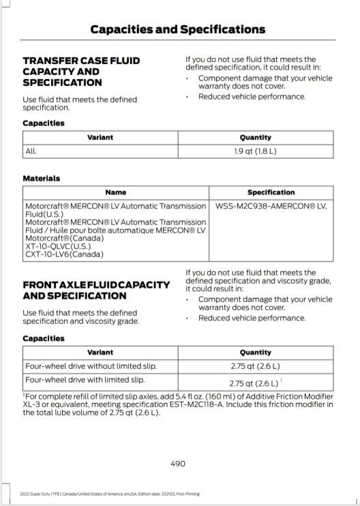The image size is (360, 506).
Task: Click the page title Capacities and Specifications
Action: coord(177,29)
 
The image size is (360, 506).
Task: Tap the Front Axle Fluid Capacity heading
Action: coord(96,290)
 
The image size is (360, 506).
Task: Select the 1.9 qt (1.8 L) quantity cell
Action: coord(255,150)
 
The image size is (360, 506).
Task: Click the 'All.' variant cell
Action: coord(31,150)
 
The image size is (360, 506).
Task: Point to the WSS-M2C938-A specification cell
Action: coord(271,205)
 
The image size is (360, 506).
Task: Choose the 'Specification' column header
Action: coord(271,192)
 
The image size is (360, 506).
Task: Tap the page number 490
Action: coord(177,464)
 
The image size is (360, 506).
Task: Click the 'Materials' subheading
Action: coord(42,178)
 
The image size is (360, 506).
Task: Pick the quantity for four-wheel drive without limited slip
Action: coord(255,366)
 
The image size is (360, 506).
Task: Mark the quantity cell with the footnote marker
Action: coord(255,383)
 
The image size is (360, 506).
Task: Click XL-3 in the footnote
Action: coord(31,404)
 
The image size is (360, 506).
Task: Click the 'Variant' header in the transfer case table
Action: coord(100,137)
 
